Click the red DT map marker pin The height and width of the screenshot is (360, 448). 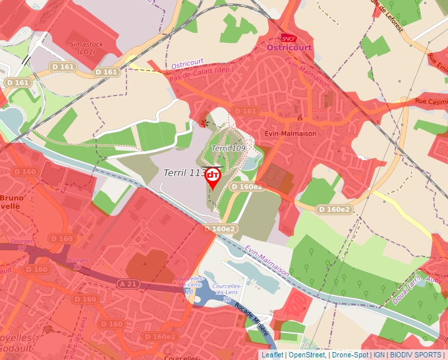pos(213,177)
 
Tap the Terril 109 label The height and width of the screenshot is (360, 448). pos(229,148)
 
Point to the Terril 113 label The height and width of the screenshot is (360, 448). pos(184,173)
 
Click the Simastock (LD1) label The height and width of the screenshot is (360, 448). pos(86,47)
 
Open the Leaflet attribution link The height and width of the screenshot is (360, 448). pos(272,355)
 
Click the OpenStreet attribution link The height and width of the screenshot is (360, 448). pos(306,355)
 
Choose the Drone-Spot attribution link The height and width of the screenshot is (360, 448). pos(350,355)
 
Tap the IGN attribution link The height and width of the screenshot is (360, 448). pos(379,355)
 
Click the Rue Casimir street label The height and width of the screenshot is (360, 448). pos(430,101)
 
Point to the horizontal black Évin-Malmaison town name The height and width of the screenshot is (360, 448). pos(291,133)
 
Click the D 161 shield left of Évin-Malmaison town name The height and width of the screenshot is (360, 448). pos(245,111)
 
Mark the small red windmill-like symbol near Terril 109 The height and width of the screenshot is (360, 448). pos(203,122)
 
